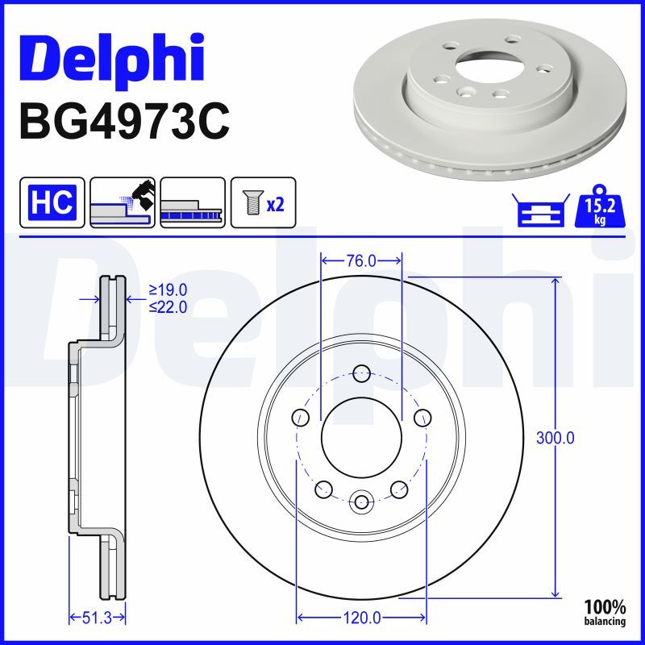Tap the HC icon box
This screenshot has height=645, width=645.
(x=52, y=202)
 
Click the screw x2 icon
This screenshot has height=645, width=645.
(x=264, y=202)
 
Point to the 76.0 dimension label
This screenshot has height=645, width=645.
(x=360, y=260)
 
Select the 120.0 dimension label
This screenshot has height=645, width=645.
(x=361, y=618)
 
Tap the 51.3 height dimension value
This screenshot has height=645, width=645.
(x=97, y=618)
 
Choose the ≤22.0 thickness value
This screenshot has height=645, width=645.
(x=168, y=306)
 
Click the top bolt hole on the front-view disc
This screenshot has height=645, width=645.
(x=361, y=373)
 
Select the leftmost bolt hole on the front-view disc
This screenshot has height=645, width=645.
(x=301, y=417)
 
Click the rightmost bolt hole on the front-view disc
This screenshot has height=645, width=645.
(x=422, y=417)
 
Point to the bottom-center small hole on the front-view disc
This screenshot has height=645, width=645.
(x=361, y=503)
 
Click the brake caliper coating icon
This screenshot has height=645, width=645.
(x=123, y=202)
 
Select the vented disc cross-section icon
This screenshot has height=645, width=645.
(x=193, y=202)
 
